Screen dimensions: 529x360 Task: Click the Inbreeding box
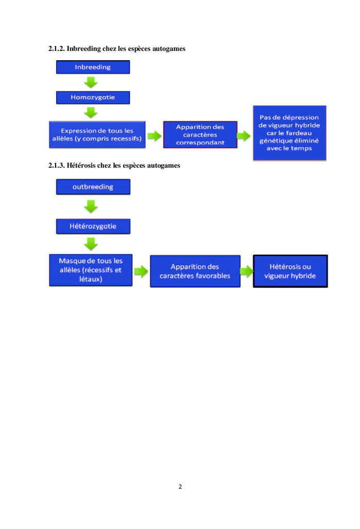[x=93, y=67]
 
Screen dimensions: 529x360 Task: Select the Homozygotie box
[x=93, y=97]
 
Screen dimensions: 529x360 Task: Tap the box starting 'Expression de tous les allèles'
[x=97, y=135]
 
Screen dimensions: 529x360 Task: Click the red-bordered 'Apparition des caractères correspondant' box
[x=200, y=135]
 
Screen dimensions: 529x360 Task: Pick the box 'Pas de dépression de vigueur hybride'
[x=289, y=133]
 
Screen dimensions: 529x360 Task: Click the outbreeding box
[x=93, y=187]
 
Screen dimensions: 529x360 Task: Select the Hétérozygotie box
[x=93, y=226]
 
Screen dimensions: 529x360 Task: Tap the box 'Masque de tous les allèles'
[x=90, y=270]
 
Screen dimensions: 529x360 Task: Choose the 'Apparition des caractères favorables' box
[x=195, y=271]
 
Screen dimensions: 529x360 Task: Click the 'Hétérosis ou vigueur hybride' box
[x=290, y=271]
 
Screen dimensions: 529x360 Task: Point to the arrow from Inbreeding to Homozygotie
[x=91, y=82]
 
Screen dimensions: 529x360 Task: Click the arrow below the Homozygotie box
[x=91, y=112]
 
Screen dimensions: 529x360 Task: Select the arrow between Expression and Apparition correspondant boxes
[x=154, y=136]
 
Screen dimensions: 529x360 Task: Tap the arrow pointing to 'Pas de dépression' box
[x=244, y=136]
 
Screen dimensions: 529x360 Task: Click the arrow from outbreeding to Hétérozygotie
[x=91, y=206]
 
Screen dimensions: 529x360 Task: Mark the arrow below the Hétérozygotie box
[x=91, y=243]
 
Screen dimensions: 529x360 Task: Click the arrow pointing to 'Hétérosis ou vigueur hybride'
[x=247, y=272]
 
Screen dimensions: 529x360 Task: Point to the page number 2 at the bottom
[x=180, y=486]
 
